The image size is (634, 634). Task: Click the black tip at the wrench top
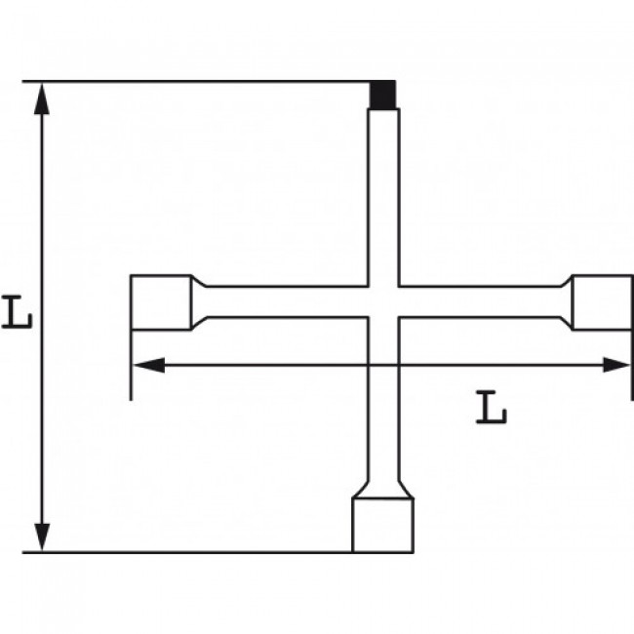tap(383, 95)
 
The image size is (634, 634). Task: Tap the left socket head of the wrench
tap(161, 302)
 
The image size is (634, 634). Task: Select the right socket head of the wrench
tap(600, 302)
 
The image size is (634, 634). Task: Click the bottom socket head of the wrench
tap(383, 524)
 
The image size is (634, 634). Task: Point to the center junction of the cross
tap(383, 302)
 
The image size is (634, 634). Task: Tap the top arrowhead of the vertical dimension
tap(41, 98)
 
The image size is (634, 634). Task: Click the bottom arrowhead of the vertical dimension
tap(41, 535)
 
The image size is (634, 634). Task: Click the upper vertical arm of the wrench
tap(383, 195)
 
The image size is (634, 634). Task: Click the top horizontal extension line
tap(195, 81)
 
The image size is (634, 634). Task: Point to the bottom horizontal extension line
tap(195, 552)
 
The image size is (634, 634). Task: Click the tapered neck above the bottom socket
tap(383, 487)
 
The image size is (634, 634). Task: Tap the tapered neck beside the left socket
tap(199, 302)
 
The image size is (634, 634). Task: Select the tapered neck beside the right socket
tap(565, 302)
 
